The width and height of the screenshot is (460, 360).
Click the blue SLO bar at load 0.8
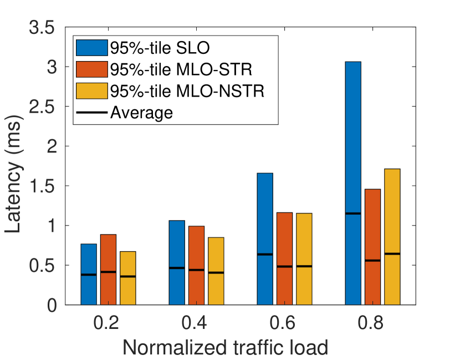[x=353, y=183]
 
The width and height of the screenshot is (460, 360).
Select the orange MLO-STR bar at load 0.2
[x=108, y=270]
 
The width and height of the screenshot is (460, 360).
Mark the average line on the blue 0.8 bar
[x=353, y=214]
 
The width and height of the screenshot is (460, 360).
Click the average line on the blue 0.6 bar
[x=265, y=254]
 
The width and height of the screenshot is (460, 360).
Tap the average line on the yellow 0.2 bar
[x=127, y=276]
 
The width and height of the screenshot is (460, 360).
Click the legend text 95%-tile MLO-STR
[x=181, y=70]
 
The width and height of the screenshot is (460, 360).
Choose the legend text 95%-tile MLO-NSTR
[x=187, y=91]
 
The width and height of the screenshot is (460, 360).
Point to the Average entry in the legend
[x=142, y=113]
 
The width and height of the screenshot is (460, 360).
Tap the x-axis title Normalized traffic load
[x=225, y=347]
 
